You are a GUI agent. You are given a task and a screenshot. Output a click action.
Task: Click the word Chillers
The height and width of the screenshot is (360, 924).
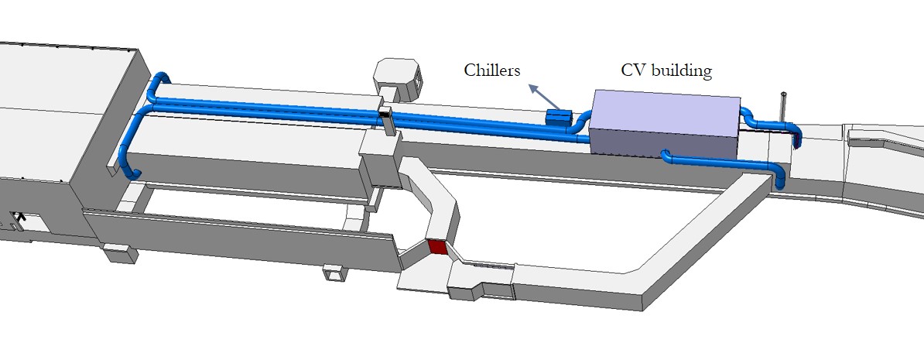(492, 70)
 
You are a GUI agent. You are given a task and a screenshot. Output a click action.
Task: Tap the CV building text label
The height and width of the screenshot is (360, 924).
(666, 70)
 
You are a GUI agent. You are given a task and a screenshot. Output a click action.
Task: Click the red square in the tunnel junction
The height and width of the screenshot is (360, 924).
(438, 248)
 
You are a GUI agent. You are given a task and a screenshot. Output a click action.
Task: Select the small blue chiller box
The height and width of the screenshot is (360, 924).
(558, 117)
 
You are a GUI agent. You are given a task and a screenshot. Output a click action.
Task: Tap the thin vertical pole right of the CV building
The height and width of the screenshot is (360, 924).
(784, 108)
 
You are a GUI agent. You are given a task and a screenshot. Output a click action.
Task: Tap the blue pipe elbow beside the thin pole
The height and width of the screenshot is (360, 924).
(796, 135)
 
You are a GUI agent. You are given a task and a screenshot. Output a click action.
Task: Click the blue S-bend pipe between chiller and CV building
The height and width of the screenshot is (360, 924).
(581, 124)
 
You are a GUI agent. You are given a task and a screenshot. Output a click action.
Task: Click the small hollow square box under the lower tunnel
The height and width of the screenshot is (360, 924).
(335, 273)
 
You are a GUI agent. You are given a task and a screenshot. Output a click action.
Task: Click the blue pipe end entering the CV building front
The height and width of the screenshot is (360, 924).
(667, 157)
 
